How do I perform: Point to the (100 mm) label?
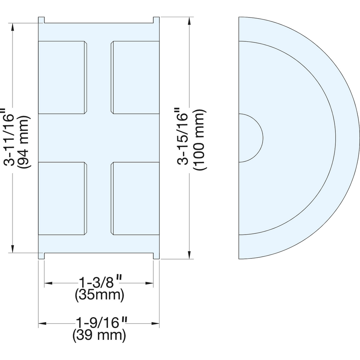coord(200,139)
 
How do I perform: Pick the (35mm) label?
coord(100,295)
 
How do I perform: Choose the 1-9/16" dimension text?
coord(101,322)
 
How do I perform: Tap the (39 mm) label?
coord(99,336)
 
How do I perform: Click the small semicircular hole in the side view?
coord(251,138)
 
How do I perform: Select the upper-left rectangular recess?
coord(63,77)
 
